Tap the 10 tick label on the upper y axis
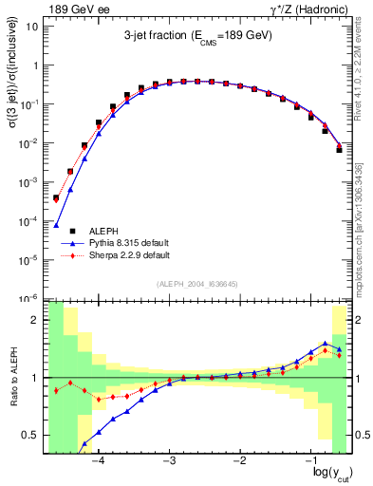click(x=32, y=27)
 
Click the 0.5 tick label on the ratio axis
click(x=29, y=435)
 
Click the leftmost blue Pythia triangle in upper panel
click(x=56, y=226)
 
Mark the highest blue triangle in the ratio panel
click(x=326, y=344)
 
